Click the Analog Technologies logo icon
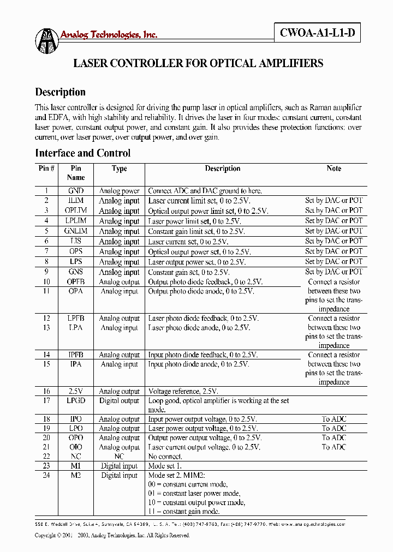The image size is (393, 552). [46, 40]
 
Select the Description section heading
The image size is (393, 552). [60, 92]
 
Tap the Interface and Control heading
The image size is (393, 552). [82, 153]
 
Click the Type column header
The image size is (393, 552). [119, 169]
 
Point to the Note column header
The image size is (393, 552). [334, 169]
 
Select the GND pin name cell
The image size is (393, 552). [76, 191]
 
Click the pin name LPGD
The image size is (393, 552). [76, 401]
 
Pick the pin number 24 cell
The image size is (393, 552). [46, 475]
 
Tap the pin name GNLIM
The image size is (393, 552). [76, 231]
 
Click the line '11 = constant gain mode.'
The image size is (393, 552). [184, 512]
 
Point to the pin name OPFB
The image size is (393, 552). [76, 282]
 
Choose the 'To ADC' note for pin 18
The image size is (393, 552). [334, 419]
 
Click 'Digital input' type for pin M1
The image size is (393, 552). [119, 466]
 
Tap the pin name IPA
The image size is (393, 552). [76, 364]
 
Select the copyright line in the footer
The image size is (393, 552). [112, 536]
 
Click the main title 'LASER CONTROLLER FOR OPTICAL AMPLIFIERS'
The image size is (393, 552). [198, 63]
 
